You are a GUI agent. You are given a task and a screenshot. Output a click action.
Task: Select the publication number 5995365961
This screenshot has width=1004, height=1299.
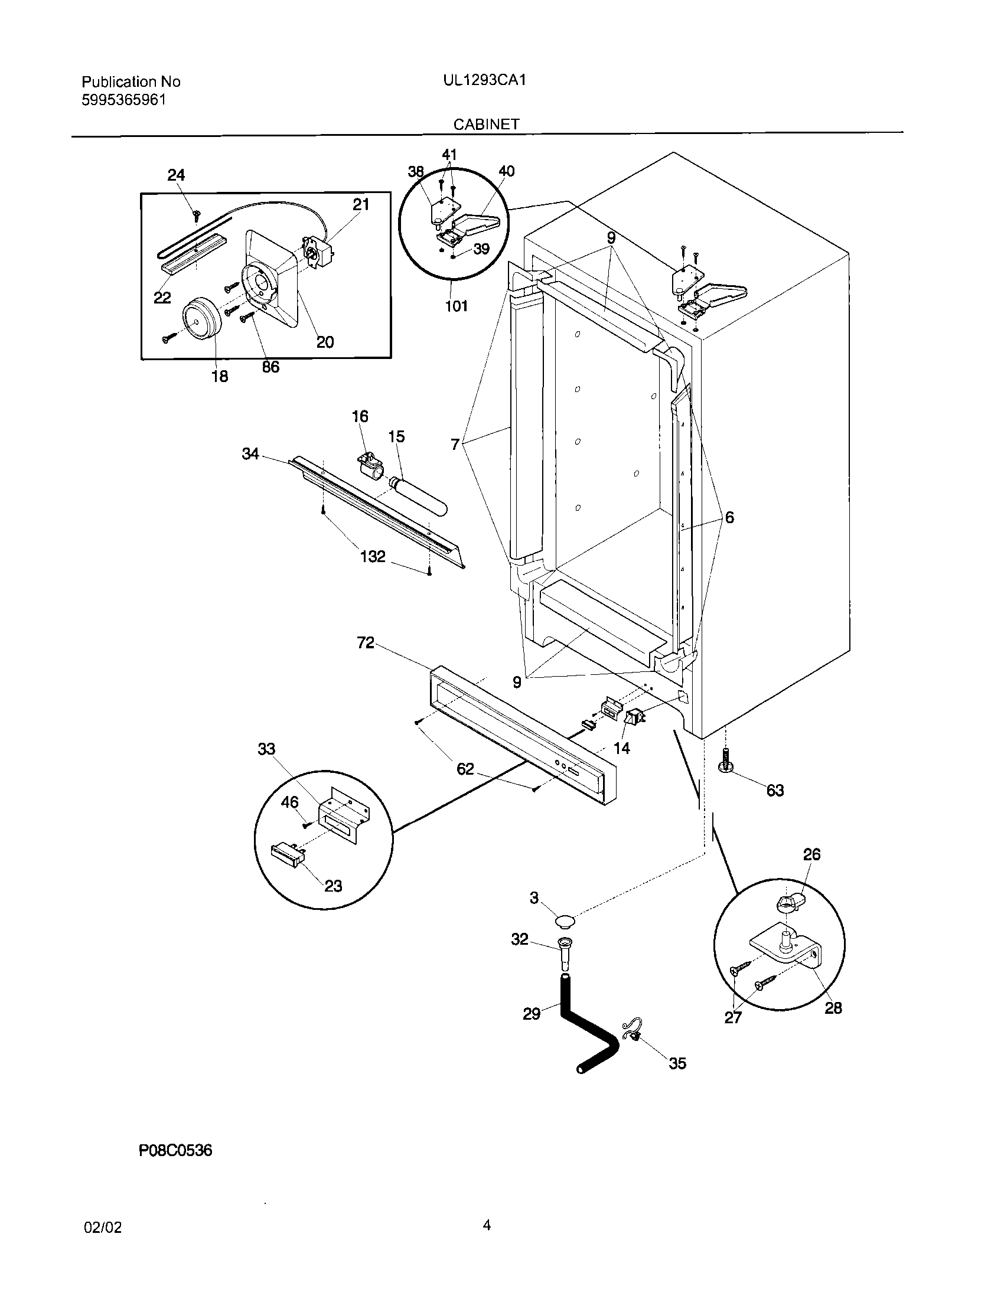coord(123,99)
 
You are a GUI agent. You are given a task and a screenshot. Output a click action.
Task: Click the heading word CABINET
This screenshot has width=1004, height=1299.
coord(487,124)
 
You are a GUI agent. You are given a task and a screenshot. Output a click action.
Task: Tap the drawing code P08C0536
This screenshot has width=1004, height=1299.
coord(175,1151)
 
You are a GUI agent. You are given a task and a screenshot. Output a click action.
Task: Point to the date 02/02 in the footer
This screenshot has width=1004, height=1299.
coord(103,1228)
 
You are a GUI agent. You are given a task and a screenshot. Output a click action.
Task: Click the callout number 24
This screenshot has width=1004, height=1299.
coord(176,175)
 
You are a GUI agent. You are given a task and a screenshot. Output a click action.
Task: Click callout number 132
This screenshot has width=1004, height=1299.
coord(373,557)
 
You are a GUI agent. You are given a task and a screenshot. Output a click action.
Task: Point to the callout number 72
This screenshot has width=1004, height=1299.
coord(365,642)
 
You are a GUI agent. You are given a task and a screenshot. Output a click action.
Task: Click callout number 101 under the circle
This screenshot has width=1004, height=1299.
coord(456,306)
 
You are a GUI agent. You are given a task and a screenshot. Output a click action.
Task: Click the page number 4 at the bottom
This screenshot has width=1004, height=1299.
coord(487,1225)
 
